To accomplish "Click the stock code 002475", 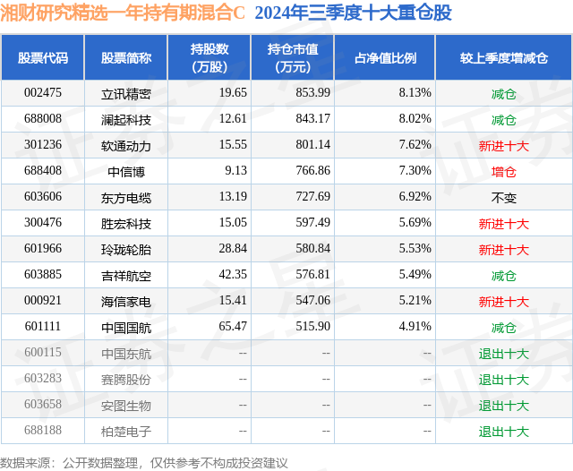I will [x=43, y=93].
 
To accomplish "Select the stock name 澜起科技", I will [x=126, y=119].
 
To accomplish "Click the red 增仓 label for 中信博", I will [x=504, y=171].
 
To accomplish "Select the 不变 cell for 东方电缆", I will [x=504, y=197].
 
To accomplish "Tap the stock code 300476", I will [x=43, y=223].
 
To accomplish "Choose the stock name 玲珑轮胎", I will [x=126, y=249].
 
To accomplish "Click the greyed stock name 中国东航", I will [x=126, y=354].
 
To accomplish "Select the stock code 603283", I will [x=43, y=380].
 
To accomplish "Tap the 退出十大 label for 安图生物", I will [x=504, y=406].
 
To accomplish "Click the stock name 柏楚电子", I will [x=126, y=432].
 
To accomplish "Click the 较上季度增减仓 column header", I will [x=504, y=58].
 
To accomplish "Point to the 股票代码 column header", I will [x=43, y=58].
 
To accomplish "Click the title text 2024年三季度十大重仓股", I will [x=353, y=13].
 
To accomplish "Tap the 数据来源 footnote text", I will [x=143, y=462].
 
